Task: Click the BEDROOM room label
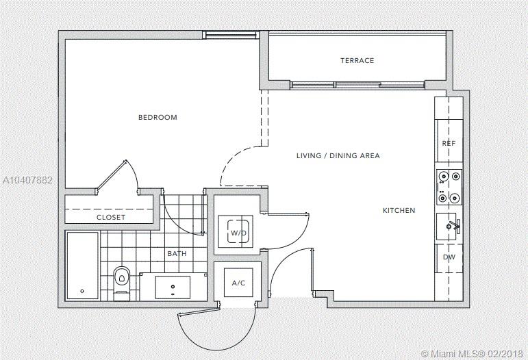(x=158, y=118)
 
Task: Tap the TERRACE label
(x=357, y=60)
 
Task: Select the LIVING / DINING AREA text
(x=338, y=156)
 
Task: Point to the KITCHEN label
(x=399, y=211)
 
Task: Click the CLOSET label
(x=111, y=218)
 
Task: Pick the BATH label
(x=177, y=254)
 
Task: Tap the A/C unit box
(x=238, y=283)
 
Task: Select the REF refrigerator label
(x=449, y=143)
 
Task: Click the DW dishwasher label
(x=449, y=257)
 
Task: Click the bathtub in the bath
(x=82, y=266)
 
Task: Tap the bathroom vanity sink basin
(x=173, y=287)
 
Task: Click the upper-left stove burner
(x=442, y=176)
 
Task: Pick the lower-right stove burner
(x=455, y=198)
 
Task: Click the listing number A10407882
(x=27, y=180)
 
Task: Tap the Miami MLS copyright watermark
(x=472, y=354)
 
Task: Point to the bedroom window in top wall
(x=231, y=35)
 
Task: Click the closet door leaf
(x=111, y=176)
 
